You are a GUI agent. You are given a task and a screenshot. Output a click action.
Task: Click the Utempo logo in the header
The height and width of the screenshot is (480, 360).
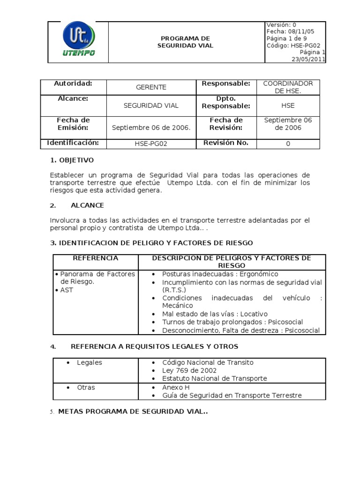(x=78, y=41)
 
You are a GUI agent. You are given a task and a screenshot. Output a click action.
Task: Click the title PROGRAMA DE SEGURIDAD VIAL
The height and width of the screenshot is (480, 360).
(x=186, y=42)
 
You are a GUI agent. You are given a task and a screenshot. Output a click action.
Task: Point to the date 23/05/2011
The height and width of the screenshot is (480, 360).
(x=308, y=60)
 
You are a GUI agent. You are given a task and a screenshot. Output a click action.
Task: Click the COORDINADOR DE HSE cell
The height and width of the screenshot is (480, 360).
(x=288, y=87)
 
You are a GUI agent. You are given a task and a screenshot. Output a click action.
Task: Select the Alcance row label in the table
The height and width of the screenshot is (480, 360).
(x=73, y=99)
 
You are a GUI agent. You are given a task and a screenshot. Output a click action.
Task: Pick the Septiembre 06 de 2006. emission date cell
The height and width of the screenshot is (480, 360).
(x=151, y=127)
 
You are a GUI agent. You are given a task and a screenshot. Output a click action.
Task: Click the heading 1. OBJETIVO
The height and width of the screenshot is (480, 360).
(x=72, y=160)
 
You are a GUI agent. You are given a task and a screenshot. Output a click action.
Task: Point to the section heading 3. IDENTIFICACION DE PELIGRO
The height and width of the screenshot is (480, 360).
(x=151, y=243)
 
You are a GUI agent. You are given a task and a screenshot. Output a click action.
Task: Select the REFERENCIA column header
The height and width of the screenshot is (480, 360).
(x=96, y=258)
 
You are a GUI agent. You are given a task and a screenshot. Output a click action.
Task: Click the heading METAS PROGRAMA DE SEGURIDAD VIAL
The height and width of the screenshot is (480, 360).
(x=133, y=412)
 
